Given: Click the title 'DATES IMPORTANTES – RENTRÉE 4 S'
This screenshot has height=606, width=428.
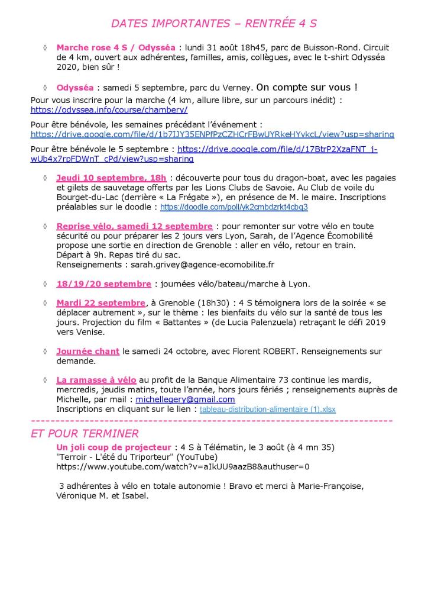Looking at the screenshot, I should (x=213, y=24).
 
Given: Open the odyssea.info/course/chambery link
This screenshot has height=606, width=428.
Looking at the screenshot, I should (x=109, y=110).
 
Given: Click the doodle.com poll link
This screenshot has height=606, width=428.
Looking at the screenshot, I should (x=234, y=208).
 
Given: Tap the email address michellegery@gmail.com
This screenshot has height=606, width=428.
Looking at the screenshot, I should (x=185, y=399).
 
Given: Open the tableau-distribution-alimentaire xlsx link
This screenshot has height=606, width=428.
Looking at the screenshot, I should (x=267, y=409).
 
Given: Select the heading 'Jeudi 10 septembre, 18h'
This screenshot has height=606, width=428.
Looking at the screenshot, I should (x=112, y=178).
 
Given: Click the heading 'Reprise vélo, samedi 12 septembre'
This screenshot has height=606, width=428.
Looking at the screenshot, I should (x=134, y=226).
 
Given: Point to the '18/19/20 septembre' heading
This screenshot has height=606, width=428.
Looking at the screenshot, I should (x=103, y=283).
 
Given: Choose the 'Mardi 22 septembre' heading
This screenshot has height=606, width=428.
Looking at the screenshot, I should (x=100, y=303).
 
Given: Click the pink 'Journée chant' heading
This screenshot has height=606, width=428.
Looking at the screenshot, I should (x=87, y=351).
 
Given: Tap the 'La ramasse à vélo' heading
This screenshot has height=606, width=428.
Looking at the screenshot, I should (x=96, y=380).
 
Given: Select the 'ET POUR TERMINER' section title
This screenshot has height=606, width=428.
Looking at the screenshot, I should (x=85, y=434).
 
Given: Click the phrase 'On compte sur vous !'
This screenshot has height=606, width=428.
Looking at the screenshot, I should (x=307, y=88).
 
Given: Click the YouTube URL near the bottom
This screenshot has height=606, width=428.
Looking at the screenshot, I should (x=183, y=467).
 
